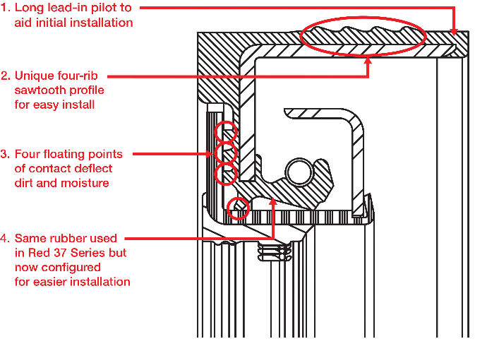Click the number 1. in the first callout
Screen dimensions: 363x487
coord(6,8)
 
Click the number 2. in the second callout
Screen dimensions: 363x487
coord(6,76)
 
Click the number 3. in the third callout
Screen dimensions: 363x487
coord(6,153)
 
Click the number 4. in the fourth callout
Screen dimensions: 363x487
coord(6,238)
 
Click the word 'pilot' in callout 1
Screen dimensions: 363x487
coord(100,8)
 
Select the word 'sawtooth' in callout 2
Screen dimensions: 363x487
coord(37,90)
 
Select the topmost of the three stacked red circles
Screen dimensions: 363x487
coord(226,131)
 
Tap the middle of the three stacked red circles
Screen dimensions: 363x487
coord(226,153)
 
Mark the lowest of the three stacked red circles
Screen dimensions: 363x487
coord(226,173)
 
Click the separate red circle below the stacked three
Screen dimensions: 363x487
coord(239,208)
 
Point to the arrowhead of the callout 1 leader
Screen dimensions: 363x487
coord(455,32)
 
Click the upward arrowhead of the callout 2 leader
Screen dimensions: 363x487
coord(368,61)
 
